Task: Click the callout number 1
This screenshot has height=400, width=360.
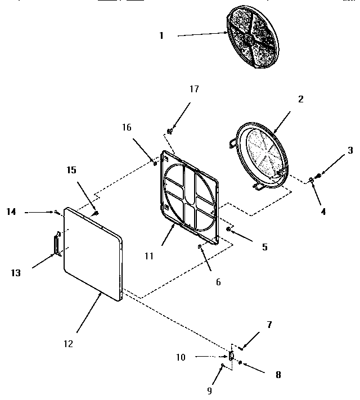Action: tap(161, 35)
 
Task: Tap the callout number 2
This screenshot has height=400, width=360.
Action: tap(300, 99)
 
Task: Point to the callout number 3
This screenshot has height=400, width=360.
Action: tap(350, 150)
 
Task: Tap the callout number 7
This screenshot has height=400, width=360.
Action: tap(269, 325)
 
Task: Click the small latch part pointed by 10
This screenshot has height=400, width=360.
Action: tap(231, 356)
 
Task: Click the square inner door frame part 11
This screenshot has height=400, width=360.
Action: tap(190, 197)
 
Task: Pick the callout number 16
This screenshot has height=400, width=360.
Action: tap(127, 128)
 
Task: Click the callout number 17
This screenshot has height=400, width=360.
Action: tap(195, 89)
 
